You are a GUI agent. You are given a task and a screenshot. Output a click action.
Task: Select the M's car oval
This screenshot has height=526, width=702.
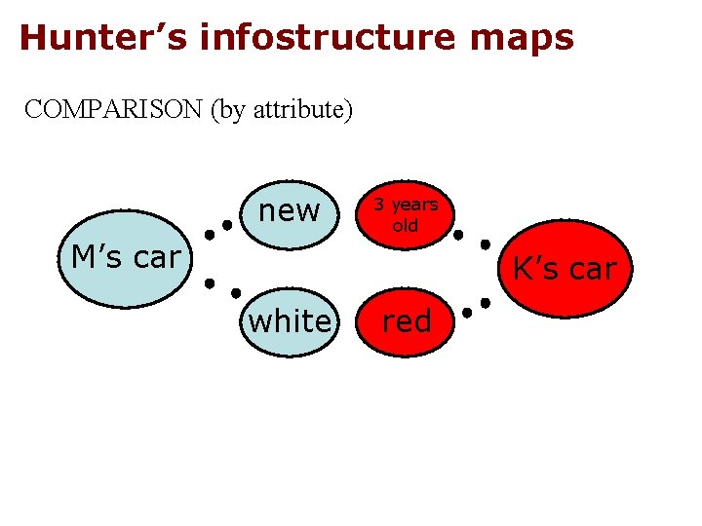coord(126,258)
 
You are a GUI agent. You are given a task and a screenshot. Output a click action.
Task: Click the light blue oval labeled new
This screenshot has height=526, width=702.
coord(289,209)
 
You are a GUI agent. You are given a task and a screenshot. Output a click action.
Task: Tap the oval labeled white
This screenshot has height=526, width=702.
coord(290,320)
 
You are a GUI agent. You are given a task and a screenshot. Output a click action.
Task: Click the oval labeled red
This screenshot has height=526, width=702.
coord(407,320)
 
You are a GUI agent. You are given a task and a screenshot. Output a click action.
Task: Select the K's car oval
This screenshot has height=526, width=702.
coord(565,268)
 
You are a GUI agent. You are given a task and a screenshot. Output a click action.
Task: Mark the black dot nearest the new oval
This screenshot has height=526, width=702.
coord(227,225)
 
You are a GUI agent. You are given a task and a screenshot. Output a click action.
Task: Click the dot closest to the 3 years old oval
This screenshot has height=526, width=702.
coord(457,234)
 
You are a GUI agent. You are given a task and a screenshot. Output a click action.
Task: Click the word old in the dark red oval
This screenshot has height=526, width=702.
coord(406,226)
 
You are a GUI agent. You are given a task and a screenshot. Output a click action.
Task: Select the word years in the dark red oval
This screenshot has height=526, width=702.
coord(414,205)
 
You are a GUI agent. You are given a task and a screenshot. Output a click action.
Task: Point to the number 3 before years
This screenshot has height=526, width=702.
coord(381,205)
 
